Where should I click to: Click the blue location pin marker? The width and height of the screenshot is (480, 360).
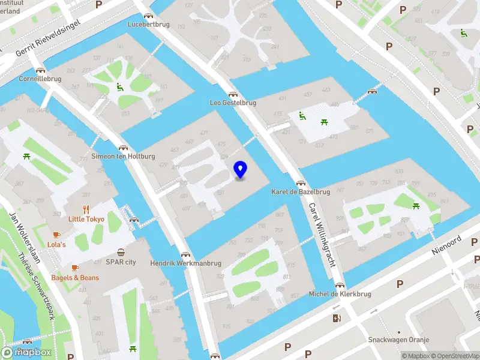point(240,170)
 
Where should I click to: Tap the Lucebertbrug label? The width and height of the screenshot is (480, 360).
point(149,25)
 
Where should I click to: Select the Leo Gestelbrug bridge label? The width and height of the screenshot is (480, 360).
point(233,103)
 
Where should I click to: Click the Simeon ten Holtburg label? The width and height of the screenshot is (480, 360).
point(123,156)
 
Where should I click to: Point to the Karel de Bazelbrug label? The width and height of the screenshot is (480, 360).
point(301,192)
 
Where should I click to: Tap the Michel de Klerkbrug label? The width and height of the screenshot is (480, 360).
point(340,294)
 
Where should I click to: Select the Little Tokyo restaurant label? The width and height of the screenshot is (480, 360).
point(86,219)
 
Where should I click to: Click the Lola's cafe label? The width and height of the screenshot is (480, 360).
point(56,245)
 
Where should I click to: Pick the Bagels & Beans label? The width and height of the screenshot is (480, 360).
point(75,278)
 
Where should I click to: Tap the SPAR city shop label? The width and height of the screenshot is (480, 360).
point(121,262)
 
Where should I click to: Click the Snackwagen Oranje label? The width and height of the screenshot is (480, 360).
point(399,340)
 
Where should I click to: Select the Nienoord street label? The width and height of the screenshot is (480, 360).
point(448,244)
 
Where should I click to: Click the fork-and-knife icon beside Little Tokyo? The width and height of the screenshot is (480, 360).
point(86,209)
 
